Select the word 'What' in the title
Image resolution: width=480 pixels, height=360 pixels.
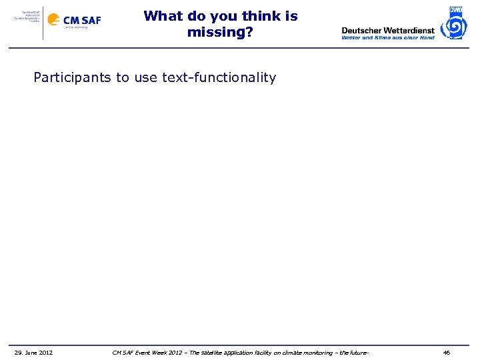pyautogui.click(x=162, y=16)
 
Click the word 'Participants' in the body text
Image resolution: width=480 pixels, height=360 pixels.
pyautogui.click(x=73, y=77)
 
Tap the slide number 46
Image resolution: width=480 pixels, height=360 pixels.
pyautogui.click(x=447, y=352)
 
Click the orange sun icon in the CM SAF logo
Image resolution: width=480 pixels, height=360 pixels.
pyautogui.click(x=53, y=20)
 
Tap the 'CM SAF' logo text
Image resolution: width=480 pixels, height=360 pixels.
pyautogui.click(x=82, y=20)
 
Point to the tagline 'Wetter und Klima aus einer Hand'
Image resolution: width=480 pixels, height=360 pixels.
pyautogui.click(x=388, y=38)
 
